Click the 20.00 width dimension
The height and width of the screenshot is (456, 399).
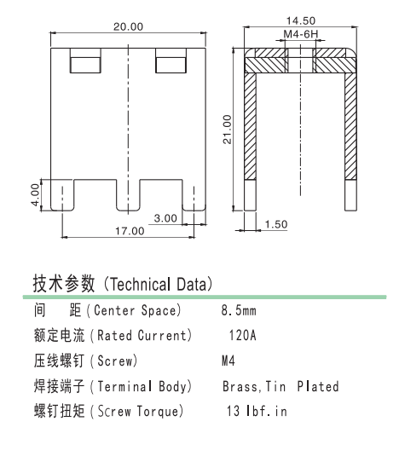pyautogui.click(x=128, y=26)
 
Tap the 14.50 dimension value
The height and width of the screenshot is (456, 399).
pyautogui.click(x=301, y=20)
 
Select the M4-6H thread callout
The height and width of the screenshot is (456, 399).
pyautogui.click(x=301, y=34)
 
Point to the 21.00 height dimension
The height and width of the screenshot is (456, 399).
pyautogui.click(x=227, y=130)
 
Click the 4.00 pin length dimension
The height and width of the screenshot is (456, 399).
pyautogui.click(x=35, y=195)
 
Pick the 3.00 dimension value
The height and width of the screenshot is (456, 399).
pyautogui.click(x=165, y=218)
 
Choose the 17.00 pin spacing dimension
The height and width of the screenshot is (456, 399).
pyautogui.click(x=130, y=231)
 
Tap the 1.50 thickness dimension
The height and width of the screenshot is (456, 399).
pyautogui.click(x=276, y=224)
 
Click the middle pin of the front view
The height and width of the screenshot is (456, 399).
pyautogui.click(x=128, y=195)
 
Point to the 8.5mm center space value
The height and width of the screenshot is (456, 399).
pyautogui.click(x=239, y=310)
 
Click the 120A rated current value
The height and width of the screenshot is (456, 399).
pyautogui.click(x=242, y=335)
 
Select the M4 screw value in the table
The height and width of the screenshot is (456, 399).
pyautogui.click(x=228, y=361)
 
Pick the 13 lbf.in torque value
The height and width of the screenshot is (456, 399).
pyautogui.click(x=257, y=411)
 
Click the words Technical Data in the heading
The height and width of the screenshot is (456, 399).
pyautogui.click(x=159, y=285)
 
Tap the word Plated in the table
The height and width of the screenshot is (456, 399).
pyautogui.click(x=318, y=386)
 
